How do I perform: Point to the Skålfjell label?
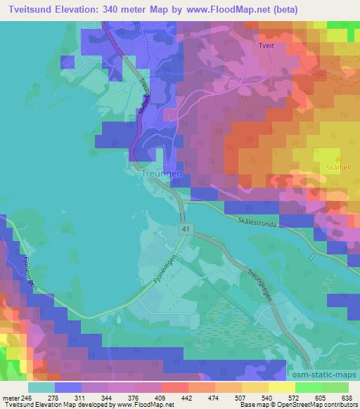338,167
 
